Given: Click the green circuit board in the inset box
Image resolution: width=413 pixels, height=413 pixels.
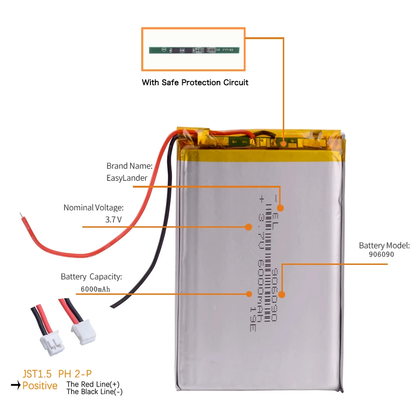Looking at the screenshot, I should pos(193,50).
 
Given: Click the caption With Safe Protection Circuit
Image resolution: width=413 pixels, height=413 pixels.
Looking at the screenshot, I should pos(195,83).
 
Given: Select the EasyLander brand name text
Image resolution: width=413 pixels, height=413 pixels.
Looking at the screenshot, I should pos(126,178).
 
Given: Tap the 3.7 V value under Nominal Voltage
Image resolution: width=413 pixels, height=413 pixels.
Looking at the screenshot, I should pos(114,219).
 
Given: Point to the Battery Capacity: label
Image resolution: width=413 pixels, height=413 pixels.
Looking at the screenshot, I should pos(91,277).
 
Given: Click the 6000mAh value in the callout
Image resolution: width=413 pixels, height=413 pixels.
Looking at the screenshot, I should pos(95,289).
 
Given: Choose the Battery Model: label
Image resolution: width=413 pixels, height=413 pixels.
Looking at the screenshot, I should pos(384,246).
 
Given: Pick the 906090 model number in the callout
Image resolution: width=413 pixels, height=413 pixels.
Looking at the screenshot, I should pos(382,254).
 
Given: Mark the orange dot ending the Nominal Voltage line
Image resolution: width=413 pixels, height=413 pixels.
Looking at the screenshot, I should pos(248,227).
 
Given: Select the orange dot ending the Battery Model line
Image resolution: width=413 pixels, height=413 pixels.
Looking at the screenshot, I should pos(281,294).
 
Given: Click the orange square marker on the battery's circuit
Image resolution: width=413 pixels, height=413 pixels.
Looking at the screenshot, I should pos(284,143).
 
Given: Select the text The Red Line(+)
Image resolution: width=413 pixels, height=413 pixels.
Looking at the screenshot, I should pos(93,384).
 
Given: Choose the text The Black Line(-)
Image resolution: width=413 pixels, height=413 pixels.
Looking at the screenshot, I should pos(95,392).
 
